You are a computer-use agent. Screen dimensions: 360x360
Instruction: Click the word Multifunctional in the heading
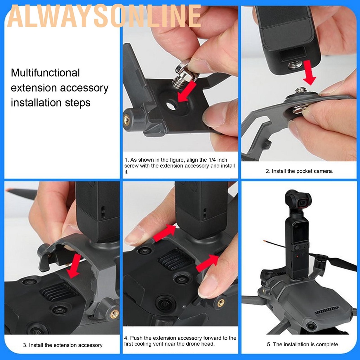click(45, 73)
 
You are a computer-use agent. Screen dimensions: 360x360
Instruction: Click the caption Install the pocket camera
click(299, 171)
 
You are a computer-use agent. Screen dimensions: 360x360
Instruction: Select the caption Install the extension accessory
click(63, 345)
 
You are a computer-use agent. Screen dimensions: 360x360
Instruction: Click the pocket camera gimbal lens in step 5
click(302, 203)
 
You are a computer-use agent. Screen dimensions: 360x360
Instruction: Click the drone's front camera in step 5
click(311, 326)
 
